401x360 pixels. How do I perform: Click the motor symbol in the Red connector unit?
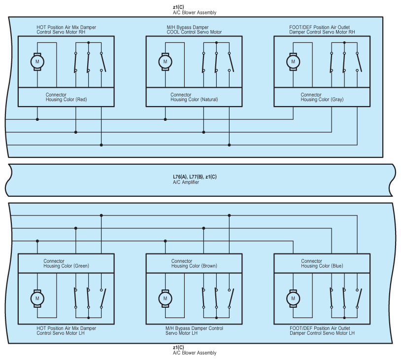click(37, 62)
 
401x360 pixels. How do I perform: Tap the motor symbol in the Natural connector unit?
click(165, 62)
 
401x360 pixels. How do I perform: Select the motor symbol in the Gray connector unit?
click(293, 62)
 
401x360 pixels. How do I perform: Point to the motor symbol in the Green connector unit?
click(37, 298)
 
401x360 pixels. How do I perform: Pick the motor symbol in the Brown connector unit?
click(165, 298)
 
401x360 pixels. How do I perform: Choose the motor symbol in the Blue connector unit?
click(293, 298)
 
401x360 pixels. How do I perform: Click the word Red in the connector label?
click(81, 100)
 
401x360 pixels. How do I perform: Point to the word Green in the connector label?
click(81, 266)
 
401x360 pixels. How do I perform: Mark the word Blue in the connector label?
click(336, 266)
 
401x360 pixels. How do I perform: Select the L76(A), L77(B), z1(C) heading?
click(195, 177)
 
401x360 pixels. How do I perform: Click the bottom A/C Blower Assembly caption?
click(195, 353)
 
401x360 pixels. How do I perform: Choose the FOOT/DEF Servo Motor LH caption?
click(322, 330)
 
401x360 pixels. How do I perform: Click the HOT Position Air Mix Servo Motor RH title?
click(67, 30)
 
